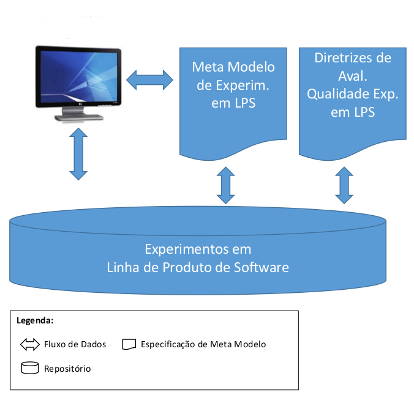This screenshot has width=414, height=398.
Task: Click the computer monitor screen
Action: pyautogui.click(x=78, y=77)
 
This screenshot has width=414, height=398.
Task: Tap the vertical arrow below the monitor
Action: pyautogui.click(x=78, y=154)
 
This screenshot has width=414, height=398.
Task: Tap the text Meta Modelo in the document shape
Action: pyautogui.click(x=233, y=67)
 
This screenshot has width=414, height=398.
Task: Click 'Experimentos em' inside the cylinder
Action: pyautogui.click(x=198, y=250)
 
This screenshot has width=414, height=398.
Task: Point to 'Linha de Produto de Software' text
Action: pyautogui.click(x=198, y=268)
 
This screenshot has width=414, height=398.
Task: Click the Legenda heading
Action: pyautogui.click(x=35, y=320)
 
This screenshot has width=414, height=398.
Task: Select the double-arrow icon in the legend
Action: pyautogui.click(x=29, y=345)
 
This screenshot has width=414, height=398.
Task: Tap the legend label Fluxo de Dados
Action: pyautogui.click(x=75, y=345)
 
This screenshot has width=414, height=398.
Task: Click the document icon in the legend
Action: pyautogui.click(x=129, y=345)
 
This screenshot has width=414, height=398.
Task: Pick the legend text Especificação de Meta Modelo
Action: pyautogui.click(x=203, y=345)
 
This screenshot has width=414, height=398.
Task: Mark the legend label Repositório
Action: pyautogui.click(x=67, y=369)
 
